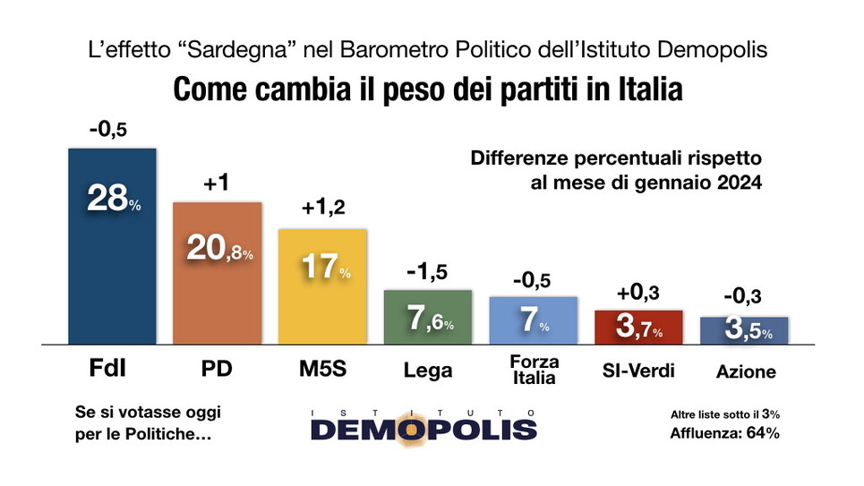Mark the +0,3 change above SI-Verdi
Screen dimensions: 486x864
coord(638,294)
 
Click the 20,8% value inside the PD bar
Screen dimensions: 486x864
coord(218,248)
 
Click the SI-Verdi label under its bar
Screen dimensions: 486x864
coord(638,371)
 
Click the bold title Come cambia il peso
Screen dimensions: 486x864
coord(427,91)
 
